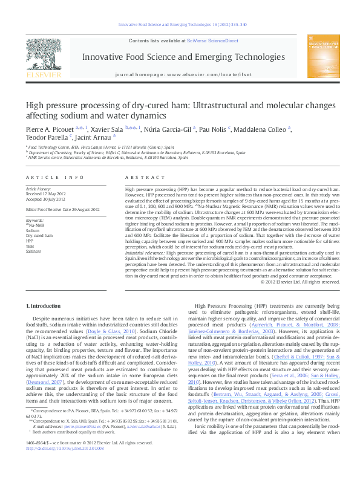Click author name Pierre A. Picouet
coord(54,129)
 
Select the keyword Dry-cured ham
coord(39,235)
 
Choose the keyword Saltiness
coord(34,251)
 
